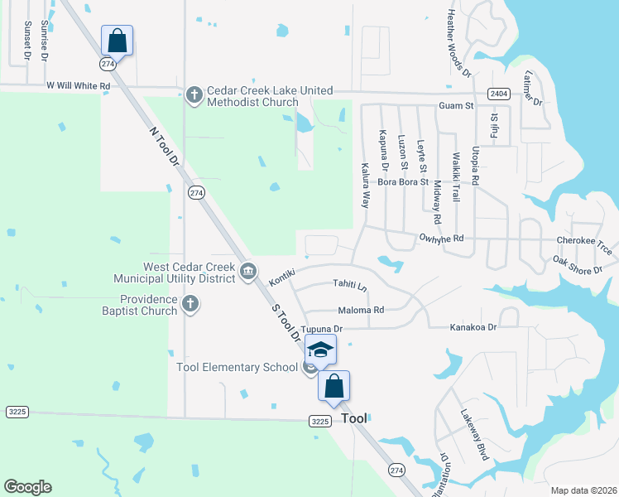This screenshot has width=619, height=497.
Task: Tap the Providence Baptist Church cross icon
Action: click(x=190, y=304)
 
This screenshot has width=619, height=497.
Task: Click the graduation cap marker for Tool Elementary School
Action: click(x=321, y=349)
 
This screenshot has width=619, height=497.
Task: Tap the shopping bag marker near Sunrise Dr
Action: click(x=117, y=40)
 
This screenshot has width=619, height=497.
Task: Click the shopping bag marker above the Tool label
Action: click(x=333, y=385)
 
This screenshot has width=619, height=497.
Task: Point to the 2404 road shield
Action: click(x=498, y=94)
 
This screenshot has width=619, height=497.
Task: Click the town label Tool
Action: click(x=354, y=418)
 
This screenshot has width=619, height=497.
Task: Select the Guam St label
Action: click(x=456, y=106)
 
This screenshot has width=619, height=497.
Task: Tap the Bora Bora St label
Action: click(x=403, y=181)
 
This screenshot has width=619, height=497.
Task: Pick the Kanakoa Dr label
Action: click(x=473, y=327)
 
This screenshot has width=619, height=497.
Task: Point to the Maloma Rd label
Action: click(x=367, y=310)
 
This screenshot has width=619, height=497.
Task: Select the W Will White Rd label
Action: click(x=78, y=85)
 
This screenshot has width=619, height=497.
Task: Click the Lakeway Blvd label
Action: click(x=476, y=439)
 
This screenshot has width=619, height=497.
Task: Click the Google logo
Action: click(x=27, y=487)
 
